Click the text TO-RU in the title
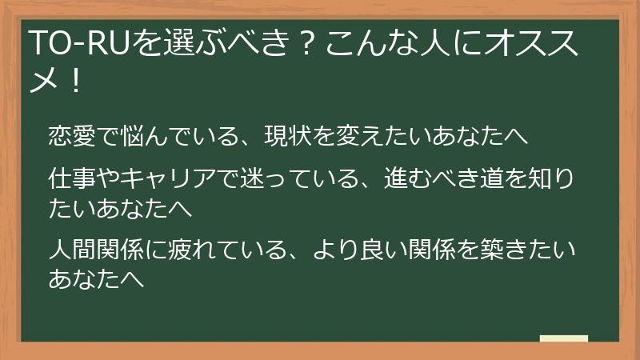(65, 42)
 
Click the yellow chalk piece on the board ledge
(563, 338)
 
